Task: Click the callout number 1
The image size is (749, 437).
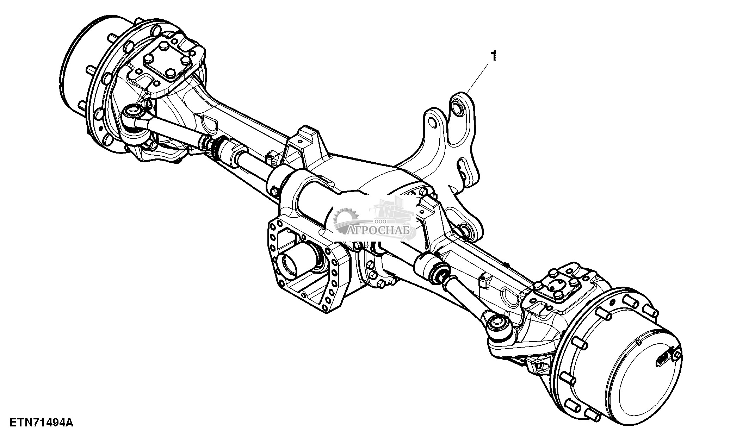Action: pos(494,56)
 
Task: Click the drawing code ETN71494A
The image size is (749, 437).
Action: pos(41,422)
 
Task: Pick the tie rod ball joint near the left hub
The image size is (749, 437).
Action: pos(133,113)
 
